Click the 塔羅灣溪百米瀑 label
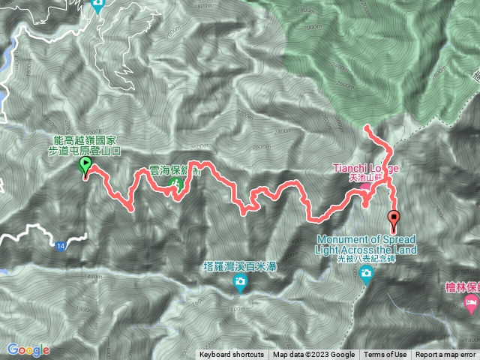240,266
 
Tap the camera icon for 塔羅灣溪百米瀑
240,283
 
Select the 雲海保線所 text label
175,170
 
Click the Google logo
28,349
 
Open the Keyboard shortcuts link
232,355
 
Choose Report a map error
445,355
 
